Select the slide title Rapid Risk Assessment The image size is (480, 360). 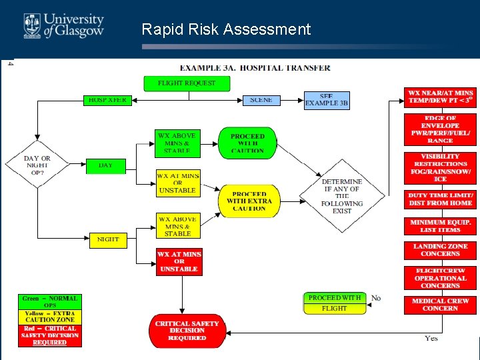coord(226,29)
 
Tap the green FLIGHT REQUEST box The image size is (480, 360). coord(187,83)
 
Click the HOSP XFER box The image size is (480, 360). coord(107,100)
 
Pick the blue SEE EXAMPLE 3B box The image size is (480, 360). coord(327,100)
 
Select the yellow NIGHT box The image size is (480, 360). coord(108,239)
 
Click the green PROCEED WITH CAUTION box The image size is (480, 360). coord(247,143)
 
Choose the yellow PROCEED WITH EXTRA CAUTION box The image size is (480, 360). coord(249,201)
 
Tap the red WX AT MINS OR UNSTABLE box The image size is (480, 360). coord(179,261)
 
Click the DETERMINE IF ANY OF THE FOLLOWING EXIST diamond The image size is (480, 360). coord(342,195)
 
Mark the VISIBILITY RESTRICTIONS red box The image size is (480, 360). coord(440,168)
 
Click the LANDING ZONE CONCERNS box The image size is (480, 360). coord(440,250)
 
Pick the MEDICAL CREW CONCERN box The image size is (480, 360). coord(440,305)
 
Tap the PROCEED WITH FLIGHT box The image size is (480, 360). coord(335,303)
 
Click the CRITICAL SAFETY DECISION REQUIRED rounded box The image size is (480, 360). coord(187,331)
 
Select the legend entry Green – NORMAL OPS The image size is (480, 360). coord(49,301)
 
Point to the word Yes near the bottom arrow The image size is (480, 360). coord(431,339)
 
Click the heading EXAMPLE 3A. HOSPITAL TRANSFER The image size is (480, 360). coord(255,67)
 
